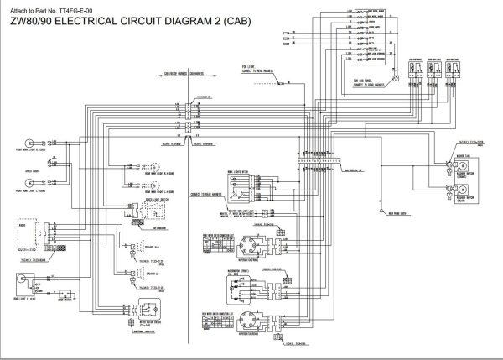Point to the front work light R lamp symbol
click(33, 141)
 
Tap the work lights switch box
click(244, 179)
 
